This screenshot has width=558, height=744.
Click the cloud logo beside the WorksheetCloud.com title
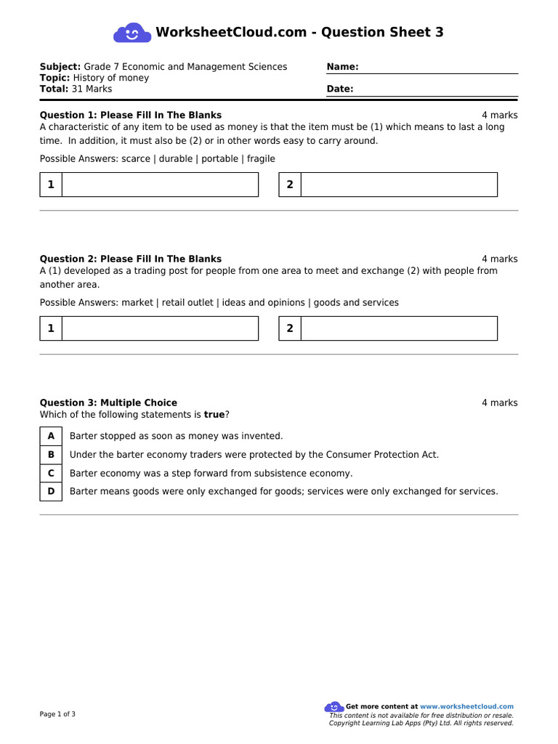coord(132,33)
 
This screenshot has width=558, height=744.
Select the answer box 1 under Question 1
coord(160,185)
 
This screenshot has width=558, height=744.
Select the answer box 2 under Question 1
coord(399,185)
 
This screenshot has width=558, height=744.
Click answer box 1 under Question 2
coord(160,328)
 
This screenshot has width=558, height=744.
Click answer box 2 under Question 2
coord(399,328)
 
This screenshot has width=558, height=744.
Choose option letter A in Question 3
coord(51,436)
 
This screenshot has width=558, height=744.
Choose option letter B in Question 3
coord(51,455)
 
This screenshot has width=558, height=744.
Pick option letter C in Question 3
coord(51,473)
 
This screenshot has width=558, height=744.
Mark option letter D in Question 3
coord(51,491)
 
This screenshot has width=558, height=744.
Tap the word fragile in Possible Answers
coord(261,159)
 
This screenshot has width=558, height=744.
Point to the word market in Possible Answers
coord(137,303)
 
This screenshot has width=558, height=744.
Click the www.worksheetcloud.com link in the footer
coord(466,706)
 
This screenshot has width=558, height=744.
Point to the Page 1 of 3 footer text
coord(57,714)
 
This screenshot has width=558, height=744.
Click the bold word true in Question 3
coord(214,415)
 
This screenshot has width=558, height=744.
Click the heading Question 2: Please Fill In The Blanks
coord(131,259)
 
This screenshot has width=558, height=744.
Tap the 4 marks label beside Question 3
coord(499,403)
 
